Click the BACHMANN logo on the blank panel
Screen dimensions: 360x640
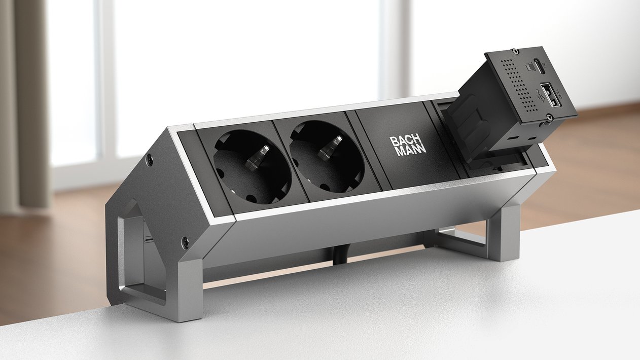(x=408, y=145)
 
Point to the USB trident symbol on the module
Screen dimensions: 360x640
(x=537, y=95)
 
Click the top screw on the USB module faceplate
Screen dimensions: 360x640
(x=515, y=52)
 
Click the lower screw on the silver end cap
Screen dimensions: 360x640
(x=186, y=242)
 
